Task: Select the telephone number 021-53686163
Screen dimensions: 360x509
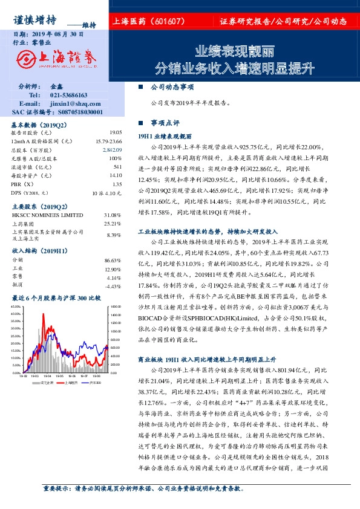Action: point(69,95)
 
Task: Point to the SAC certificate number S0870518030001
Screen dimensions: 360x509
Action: point(75,112)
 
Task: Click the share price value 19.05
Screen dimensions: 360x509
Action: point(116,132)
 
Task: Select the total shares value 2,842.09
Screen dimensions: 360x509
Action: point(113,149)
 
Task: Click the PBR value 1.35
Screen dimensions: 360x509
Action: point(117,184)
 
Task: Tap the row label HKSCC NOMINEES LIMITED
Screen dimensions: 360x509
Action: point(47,215)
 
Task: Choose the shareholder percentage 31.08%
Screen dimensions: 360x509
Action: point(113,215)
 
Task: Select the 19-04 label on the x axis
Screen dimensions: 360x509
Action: point(50,375)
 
